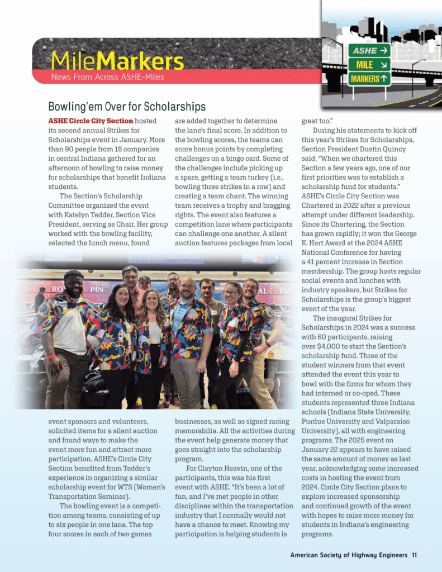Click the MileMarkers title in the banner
pyautogui.click(x=117, y=60)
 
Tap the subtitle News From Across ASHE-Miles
pyautogui.click(x=107, y=77)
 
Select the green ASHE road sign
pyautogui.click(x=369, y=51)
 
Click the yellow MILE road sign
pyautogui.click(x=369, y=65)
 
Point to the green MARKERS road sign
pyautogui.click(x=369, y=79)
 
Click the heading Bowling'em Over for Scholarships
pyautogui.click(x=127, y=107)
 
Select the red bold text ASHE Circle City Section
pyautogui.click(x=91, y=121)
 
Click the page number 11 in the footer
pyautogui.click(x=414, y=555)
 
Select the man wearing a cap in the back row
pyautogui.click(x=145, y=283)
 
